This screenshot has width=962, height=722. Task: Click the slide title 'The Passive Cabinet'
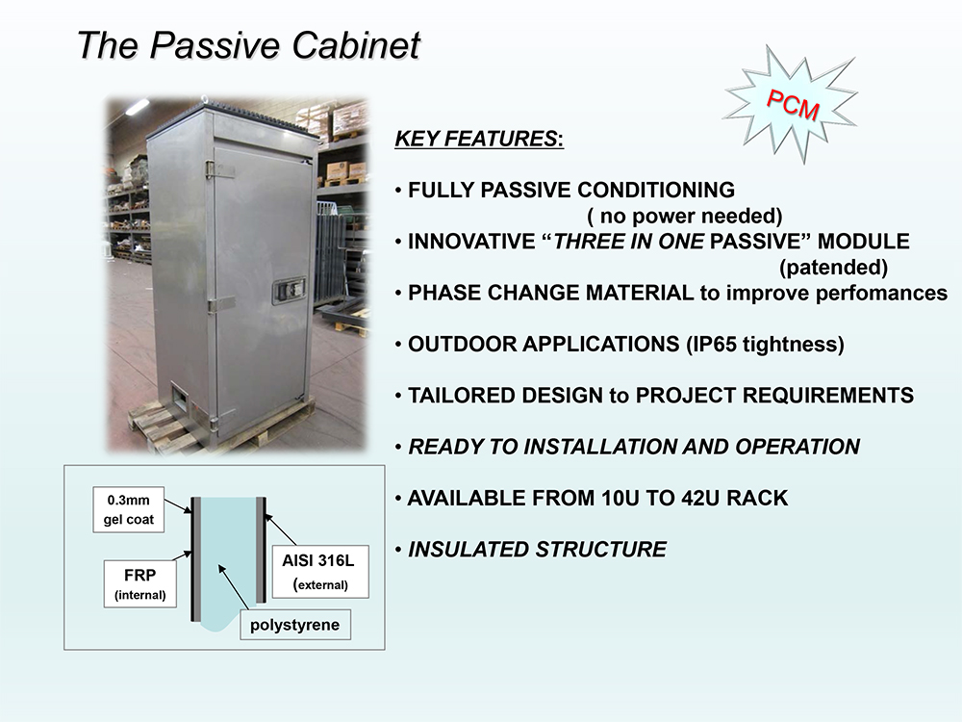(x=248, y=45)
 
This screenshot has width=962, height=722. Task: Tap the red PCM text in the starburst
(x=793, y=105)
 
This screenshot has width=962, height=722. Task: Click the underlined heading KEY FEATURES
(x=478, y=139)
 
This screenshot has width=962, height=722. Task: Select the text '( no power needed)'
(x=685, y=216)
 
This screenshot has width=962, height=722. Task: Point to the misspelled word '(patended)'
(x=834, y=267)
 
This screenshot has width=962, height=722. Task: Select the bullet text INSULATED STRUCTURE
(x=538, y=550)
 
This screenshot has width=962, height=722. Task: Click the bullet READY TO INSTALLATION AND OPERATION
(x=634, y=447)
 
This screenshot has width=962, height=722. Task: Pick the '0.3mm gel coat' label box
(x=129, y=509)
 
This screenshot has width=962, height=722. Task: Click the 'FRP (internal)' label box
(x=139, y=583)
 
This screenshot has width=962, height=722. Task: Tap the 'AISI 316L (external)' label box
(x=320, y=572)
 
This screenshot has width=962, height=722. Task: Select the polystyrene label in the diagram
(x=295, y=625)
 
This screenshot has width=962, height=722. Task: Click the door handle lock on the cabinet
(x=289, y=291)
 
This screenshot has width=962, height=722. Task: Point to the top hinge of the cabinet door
(x=220, y=169)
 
